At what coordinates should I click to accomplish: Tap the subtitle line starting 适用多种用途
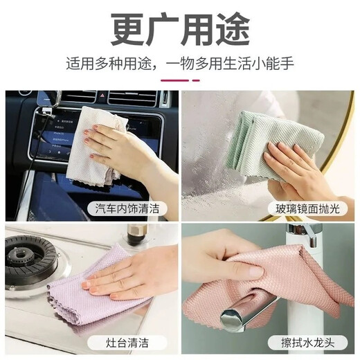[x=179, y=65]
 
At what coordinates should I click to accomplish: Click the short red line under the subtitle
[x=179, y=80]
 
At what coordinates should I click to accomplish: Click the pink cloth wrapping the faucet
[x=277, y=291]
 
